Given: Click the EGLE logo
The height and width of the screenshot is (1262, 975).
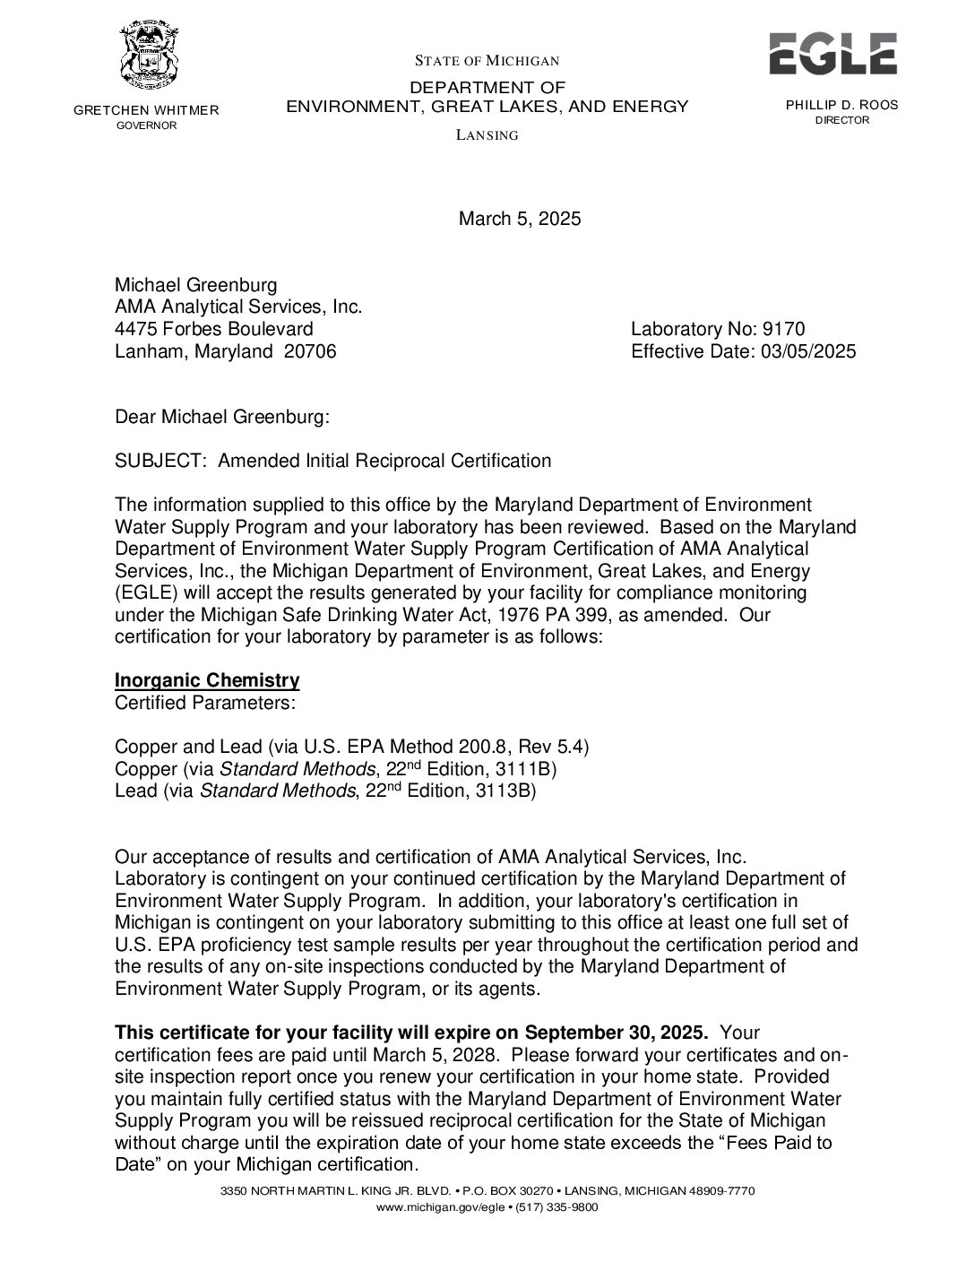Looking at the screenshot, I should (833, 54).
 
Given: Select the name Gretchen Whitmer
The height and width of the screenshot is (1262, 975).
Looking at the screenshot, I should (146, 110).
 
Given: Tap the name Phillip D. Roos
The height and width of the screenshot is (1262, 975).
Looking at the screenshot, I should (841, 105).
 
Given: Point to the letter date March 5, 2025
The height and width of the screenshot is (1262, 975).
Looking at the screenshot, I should (520, 219).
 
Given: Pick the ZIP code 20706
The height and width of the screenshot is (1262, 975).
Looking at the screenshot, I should (310, 351).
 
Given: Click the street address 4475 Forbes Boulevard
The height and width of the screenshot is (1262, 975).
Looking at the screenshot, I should (214, 329).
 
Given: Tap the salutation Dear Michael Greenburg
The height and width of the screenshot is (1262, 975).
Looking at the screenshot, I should (222, 417).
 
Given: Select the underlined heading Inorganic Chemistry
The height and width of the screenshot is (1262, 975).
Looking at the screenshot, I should (207, 680).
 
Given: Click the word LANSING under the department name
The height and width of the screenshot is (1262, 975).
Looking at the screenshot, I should (487, 135).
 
